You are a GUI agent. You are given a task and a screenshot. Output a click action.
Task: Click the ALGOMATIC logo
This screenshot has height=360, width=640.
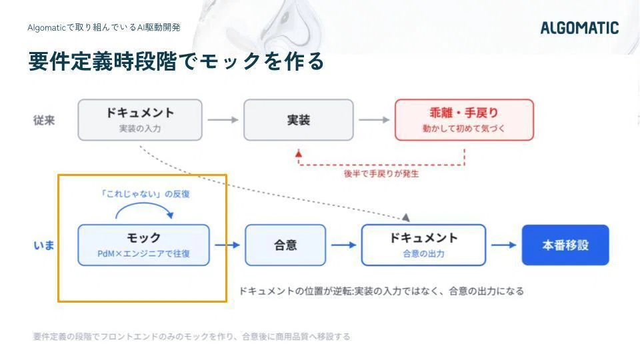(579, 28)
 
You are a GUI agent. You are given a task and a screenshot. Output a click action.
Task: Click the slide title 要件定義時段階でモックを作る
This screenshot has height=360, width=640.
(176, 61)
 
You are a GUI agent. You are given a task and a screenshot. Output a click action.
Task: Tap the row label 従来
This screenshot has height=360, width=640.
(44, 121)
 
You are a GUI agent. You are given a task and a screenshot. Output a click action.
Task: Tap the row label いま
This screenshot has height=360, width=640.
(44, 245)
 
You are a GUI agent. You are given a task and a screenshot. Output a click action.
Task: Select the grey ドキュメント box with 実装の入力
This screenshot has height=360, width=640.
(140, 120)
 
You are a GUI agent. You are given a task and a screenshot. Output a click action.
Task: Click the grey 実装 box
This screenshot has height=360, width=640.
(299, 120)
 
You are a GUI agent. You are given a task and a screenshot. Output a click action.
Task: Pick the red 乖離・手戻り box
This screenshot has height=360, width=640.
(464, 120)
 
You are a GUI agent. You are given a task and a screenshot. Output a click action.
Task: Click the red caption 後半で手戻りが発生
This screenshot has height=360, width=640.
(381, 174)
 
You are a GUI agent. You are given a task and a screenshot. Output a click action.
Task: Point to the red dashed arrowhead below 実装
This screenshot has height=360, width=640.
(299, 153)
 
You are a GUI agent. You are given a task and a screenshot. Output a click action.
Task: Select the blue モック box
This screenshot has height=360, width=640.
(144, 245)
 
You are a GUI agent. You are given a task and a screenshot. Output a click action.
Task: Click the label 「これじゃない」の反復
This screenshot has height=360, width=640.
(145, 194)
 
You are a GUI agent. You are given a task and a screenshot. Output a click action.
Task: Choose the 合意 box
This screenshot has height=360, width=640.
(285, 245)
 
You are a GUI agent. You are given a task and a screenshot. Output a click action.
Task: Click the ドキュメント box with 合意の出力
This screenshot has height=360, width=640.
(424, 245)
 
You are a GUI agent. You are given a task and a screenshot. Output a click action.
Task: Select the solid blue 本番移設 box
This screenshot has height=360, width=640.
(565, 245)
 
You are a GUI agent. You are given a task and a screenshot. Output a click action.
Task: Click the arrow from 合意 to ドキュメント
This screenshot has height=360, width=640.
(344, 245)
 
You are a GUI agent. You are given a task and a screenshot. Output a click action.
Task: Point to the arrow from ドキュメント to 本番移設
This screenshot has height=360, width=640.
(504, 245)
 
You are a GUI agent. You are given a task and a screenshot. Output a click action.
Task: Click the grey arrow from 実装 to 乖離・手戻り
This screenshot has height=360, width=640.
(374, 120)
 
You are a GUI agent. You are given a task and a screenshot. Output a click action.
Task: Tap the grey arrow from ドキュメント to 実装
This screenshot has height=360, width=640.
(223, 120)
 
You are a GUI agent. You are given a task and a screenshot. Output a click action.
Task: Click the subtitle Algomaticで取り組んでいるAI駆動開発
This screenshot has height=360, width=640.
(104, 28)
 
